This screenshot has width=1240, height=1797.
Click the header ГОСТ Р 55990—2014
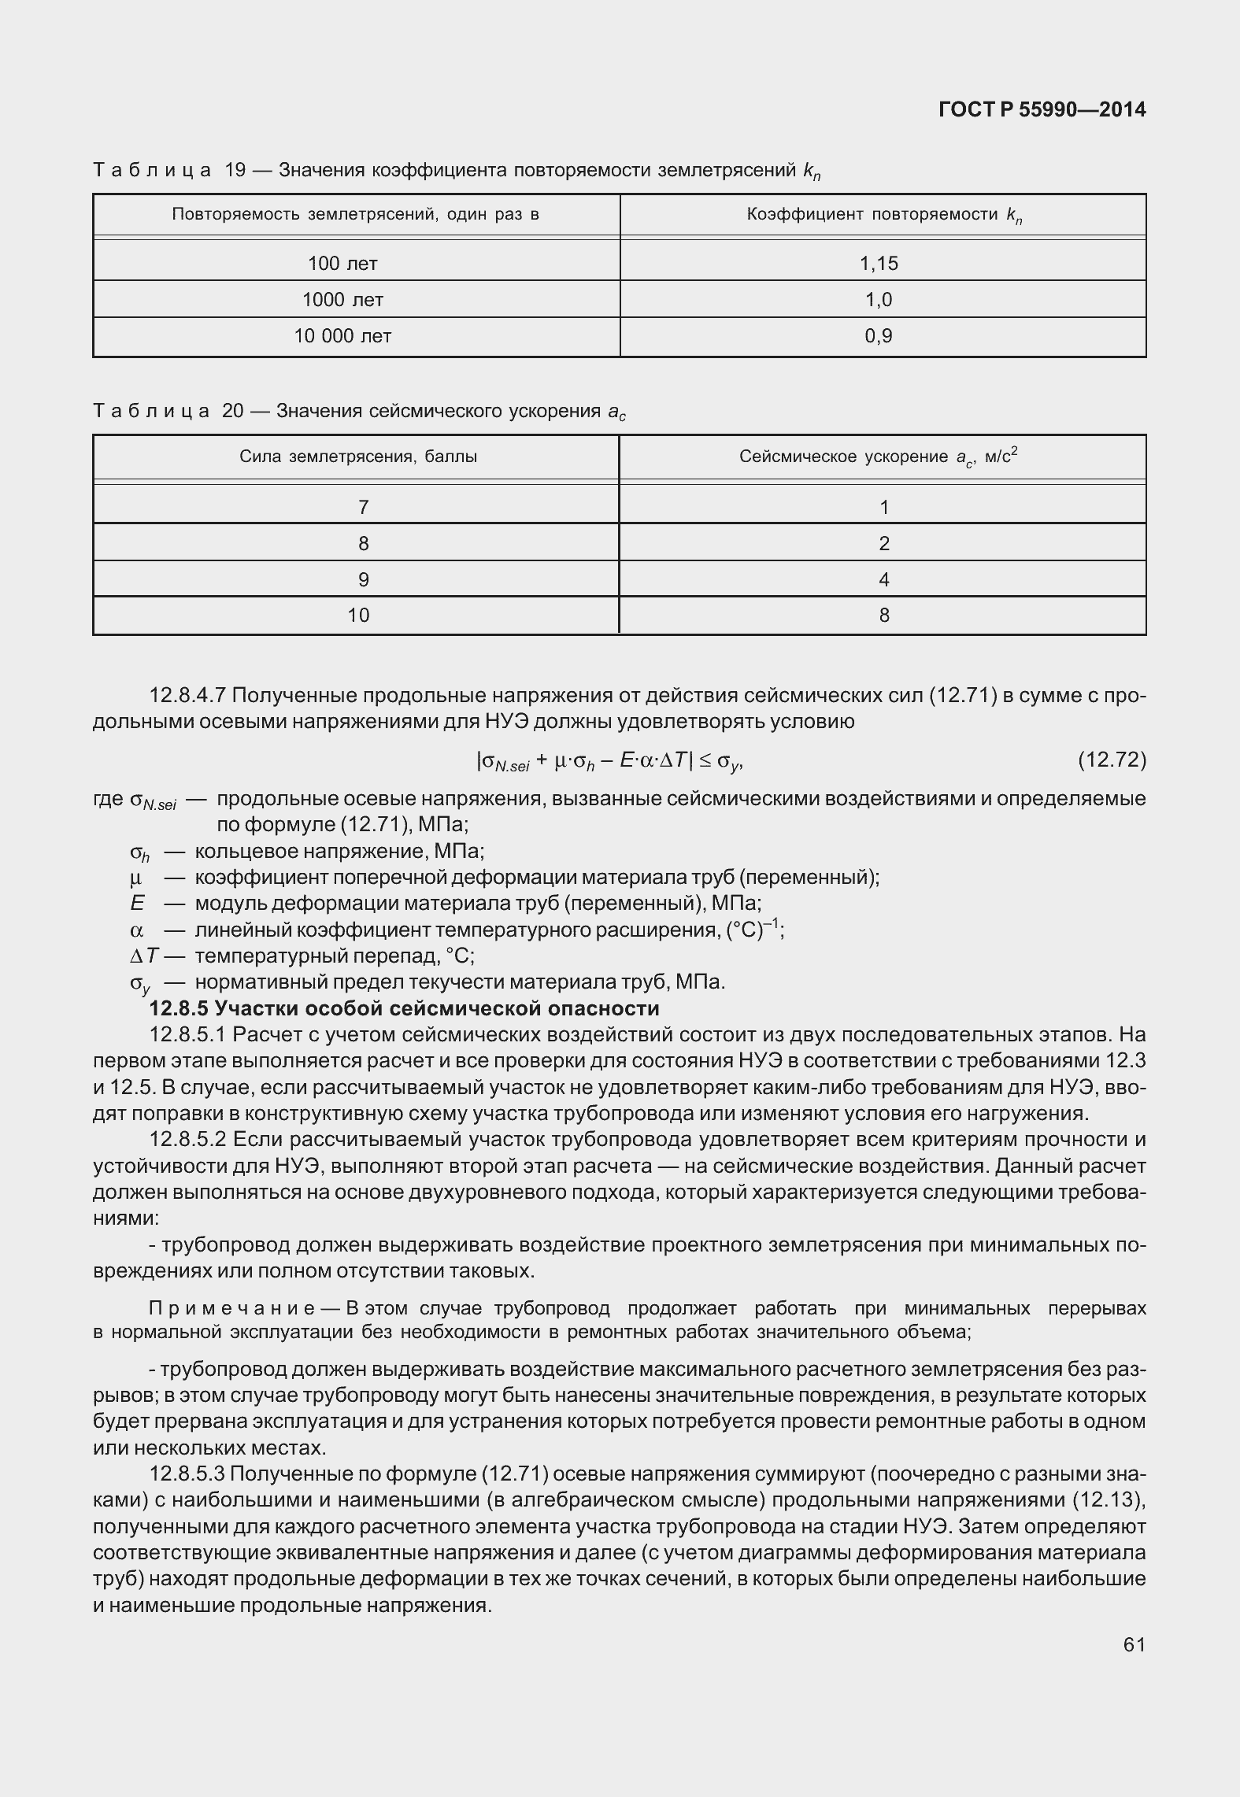1042,110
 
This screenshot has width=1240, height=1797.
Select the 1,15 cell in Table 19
879,264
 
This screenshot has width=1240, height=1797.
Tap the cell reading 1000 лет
342,300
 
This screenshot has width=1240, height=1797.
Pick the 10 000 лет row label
342,336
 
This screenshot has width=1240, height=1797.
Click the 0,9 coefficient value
879,336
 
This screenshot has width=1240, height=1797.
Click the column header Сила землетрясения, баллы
358,457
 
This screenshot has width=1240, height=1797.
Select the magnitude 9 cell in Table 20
363,580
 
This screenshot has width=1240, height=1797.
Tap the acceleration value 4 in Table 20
884,580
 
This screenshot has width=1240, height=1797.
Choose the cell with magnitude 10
358,616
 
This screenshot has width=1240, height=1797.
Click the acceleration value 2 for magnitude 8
884,544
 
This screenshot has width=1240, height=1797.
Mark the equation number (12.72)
1111,760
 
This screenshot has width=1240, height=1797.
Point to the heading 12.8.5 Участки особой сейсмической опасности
404,1009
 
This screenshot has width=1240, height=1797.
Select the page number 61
1134,1644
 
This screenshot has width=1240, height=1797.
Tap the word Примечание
232,1308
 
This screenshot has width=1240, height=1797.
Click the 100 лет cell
342,264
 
